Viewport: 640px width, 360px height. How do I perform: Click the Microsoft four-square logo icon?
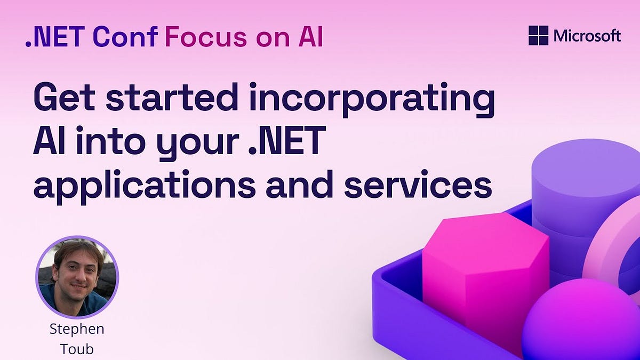tap(539, 36)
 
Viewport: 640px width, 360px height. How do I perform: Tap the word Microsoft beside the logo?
tap(587, 36)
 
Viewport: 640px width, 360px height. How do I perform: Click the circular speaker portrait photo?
tap(77, 277)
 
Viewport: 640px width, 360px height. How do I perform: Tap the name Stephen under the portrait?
tap(77, 329)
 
